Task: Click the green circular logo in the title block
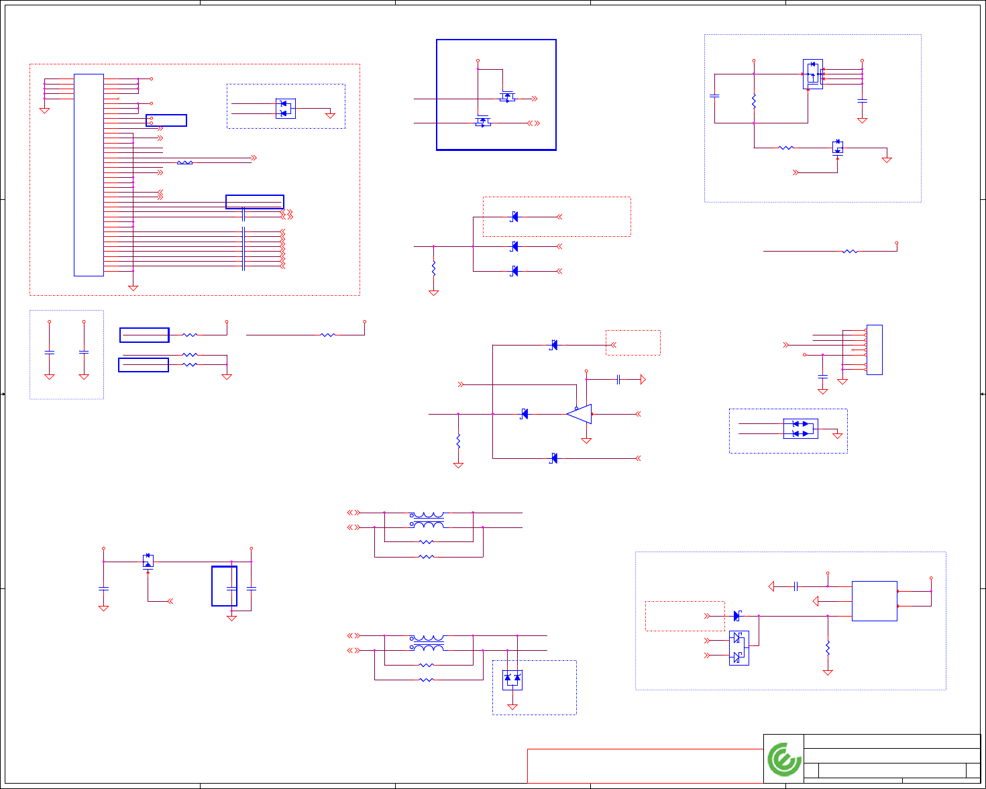[783, 759]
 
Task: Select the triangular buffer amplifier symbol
[579, 414]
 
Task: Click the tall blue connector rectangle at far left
[89, 174]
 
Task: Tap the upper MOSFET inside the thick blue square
[508, 97]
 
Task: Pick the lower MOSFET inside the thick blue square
[482, 121]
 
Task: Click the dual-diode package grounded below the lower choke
[512, 679]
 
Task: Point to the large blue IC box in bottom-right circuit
[874, 600]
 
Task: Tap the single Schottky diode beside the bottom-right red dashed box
[737, 616]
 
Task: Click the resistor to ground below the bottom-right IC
[828, 648]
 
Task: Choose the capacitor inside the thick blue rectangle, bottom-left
[231, 588]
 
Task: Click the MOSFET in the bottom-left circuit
[148, 561]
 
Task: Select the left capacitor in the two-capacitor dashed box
[49, 352]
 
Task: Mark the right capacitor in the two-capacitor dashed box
[84, 352]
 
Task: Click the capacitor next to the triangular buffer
[618, 380]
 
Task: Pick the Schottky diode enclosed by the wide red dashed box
[514, 217]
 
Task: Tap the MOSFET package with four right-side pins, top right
[813, 74]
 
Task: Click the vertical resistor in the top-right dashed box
[754, 101]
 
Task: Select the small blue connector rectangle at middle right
[874, 350]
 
